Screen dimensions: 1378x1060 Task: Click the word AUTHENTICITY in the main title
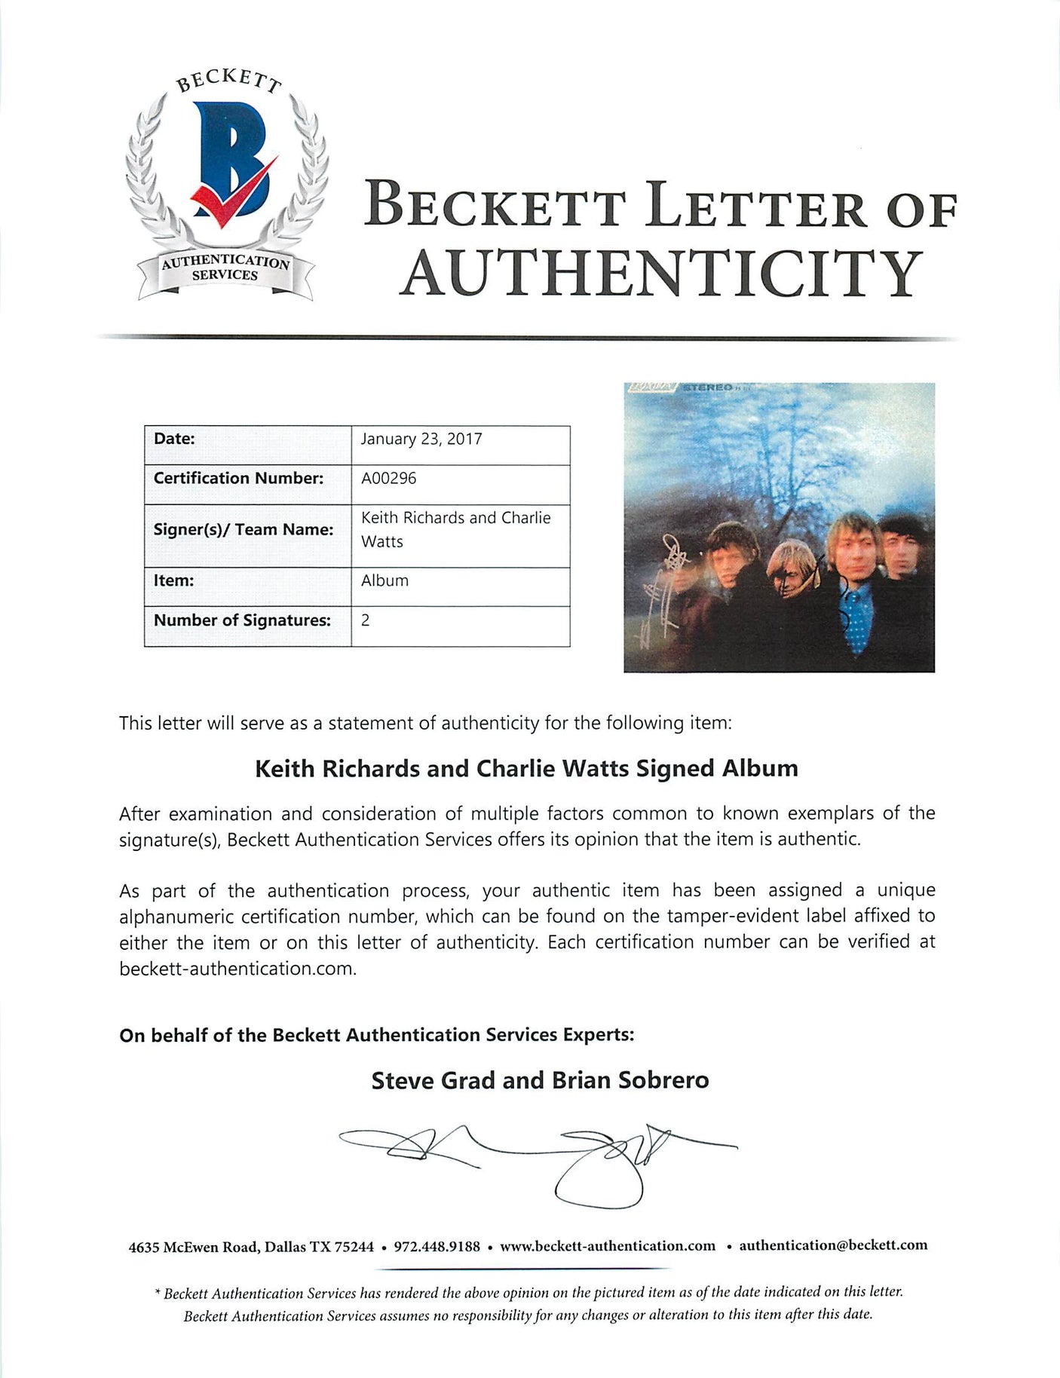coord(661,273)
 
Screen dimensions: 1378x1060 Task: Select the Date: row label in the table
coord(174,439)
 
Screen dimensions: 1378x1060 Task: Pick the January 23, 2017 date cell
coord(421,439)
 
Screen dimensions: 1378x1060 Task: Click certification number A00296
coord(388,478)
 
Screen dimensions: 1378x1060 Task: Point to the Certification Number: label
coord(238,478)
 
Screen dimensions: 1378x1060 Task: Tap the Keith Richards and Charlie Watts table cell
coord(455,529)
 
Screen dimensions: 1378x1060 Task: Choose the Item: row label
coord(173,580)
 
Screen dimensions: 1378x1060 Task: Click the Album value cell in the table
coord(384,580)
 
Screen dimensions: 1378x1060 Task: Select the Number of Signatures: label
coord(242,620)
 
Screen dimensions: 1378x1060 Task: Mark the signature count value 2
coord(366,620)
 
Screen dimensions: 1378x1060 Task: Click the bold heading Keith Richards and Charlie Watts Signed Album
coord(526,768)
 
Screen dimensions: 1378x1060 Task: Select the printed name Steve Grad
coord(433,1080)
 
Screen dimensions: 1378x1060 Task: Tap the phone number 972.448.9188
coord(437,1246)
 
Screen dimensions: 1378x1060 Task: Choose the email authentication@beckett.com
coord(833,1245)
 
